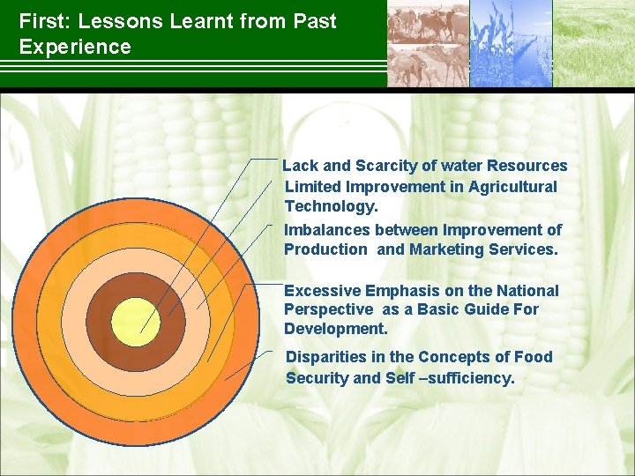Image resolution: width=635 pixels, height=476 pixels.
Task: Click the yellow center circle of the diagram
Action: click(x=136, y=323)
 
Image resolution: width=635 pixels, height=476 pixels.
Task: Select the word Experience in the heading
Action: click(x=75, y=47)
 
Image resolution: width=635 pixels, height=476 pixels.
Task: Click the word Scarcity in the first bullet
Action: click(x=386, y=166)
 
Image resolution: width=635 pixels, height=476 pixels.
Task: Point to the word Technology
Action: click(x=332, y=206)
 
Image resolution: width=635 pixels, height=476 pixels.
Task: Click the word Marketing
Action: click(x=446, y=249)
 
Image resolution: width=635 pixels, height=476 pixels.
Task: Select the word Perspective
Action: click(x=328, y=309)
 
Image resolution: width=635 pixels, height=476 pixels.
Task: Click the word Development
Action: click(x=336, y=328)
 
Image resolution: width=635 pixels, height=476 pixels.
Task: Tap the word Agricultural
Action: click(x=512, y=187)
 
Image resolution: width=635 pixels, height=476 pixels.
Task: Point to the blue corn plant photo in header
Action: click(x=511, y=43)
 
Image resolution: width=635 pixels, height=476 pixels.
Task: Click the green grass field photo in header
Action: click(x=594, y=43)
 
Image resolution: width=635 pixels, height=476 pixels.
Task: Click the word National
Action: click(x=527, y=291)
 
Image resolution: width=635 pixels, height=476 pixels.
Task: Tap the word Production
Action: click(x=325, y=249)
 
